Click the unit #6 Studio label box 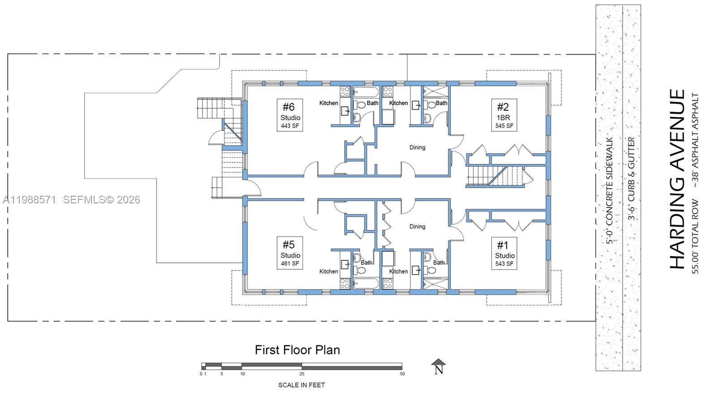point(289,115)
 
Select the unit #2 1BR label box point(504,115)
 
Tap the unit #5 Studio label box point(289,253)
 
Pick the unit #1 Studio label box point(504,253)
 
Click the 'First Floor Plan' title point(298,350)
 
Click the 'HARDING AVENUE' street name point(677,179)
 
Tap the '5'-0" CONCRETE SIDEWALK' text point(610,191)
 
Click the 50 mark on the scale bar point(402,374)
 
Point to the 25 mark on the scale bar point(302,374)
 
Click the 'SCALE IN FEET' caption point(302,385)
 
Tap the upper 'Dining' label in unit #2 point(417,147)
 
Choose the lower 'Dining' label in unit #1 point(417,227)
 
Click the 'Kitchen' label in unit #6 point(328,103)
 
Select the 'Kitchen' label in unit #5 point(328,271)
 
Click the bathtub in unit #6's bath point(366,93)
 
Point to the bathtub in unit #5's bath point(366,283)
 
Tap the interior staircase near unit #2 point(495,176)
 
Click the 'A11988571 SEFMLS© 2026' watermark point(72,200)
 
